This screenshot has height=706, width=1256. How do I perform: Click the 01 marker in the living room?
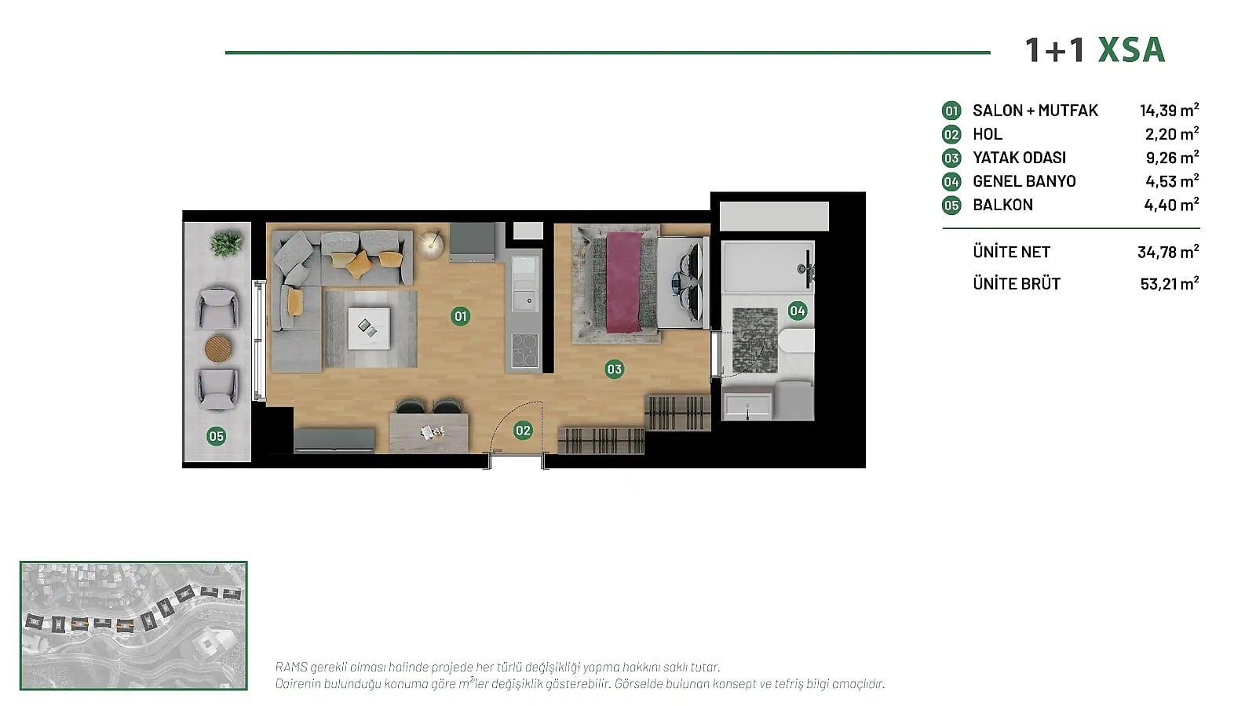coord(460,317)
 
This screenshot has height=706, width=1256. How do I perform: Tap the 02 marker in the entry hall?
coord(523,431)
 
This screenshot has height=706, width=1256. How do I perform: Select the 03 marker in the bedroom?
coord(614,369)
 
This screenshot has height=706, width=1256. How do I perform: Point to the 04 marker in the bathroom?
coord(798,311)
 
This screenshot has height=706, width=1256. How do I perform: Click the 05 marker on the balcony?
coord(217,436)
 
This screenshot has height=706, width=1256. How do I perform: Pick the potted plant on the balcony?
coord(226,243)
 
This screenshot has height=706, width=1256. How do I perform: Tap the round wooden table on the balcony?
coord(218,348)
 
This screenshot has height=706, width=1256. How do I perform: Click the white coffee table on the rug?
coord(368,329)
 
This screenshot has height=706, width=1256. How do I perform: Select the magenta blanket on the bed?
coord(623,282)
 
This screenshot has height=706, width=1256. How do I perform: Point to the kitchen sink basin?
coord(525,300)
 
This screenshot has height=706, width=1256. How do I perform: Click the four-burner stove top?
coord(525,350)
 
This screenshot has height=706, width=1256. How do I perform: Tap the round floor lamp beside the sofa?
coord(431,244)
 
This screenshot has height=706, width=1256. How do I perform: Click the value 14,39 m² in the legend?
coord(1169,110)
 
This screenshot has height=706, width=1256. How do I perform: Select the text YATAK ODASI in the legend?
coord(1020,158)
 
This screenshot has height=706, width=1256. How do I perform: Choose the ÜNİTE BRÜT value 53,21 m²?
coord(1170,283)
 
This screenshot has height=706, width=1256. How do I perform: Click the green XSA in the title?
coord(1131,49)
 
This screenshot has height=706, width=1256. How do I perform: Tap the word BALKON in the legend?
coord(1002,205)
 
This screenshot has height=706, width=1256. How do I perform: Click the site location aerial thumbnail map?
coord(133,625)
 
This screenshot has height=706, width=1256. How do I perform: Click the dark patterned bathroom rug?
coord(754,340)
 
